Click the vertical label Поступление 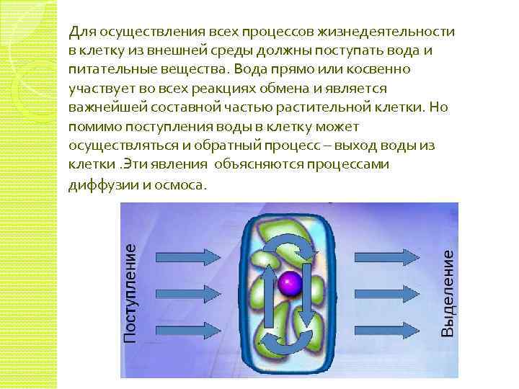point(130,292)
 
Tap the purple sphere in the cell point(289,282)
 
